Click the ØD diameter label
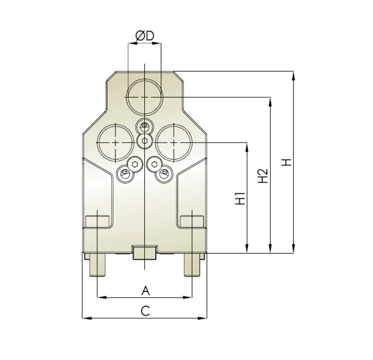(145, 37)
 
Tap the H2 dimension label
(263, 175)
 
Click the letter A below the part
(145, 290)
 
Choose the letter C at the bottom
(145, 311)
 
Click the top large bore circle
(145, 96)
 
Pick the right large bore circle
(174, 141)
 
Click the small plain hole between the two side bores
(144, 141)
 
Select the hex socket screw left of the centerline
(135, 164)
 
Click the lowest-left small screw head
(125, 175)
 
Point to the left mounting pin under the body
(97, 265)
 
